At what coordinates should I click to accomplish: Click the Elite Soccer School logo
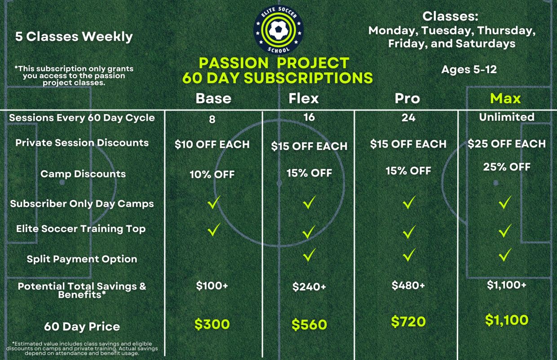pyautogui.click(x=278, y=30)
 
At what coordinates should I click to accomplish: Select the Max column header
pyautogui.click(x=505, y=98)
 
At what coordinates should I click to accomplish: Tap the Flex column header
pyautogui.click(x=303, y=98)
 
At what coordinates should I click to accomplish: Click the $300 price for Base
pyautogui.click(x=212, y=324)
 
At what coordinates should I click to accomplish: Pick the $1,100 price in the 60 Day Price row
pyautogui.click(x=507, y=320)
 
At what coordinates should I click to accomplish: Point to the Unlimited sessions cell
pyautogui.click(x=507, y=117)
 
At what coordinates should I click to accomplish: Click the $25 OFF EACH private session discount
pyautogui.click(x=507, y=144)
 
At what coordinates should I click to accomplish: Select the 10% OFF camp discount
pyautogui.click(x=212, y=175)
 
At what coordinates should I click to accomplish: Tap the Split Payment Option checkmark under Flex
pyautogui.click(x=309, y=255)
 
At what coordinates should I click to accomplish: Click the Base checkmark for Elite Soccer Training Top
pyautogui.click(x=214, y=229)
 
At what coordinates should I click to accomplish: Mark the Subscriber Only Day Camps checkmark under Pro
pyautogui.click(x=409, y=202)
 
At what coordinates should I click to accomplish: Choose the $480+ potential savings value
pyautogui.click(x=408, y=285)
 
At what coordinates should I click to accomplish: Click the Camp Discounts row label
pyautogui.click(x=83, y=174)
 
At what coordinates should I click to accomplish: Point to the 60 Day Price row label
pyautogui.click(x=82, y=326)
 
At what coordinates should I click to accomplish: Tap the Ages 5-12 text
pyautogui.click(x=469, y=69)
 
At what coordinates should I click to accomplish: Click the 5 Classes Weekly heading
pyautogui.click(x=74, y=37)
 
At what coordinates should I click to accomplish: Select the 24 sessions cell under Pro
pyautogui.click(x=408, y=118)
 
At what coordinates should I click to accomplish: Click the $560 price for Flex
pyautogui.click(x=309, y=325)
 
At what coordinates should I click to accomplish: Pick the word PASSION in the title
pyautogui.click(x=234, y=63)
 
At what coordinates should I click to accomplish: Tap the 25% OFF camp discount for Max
pyautogui.click(x=507, y=167)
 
